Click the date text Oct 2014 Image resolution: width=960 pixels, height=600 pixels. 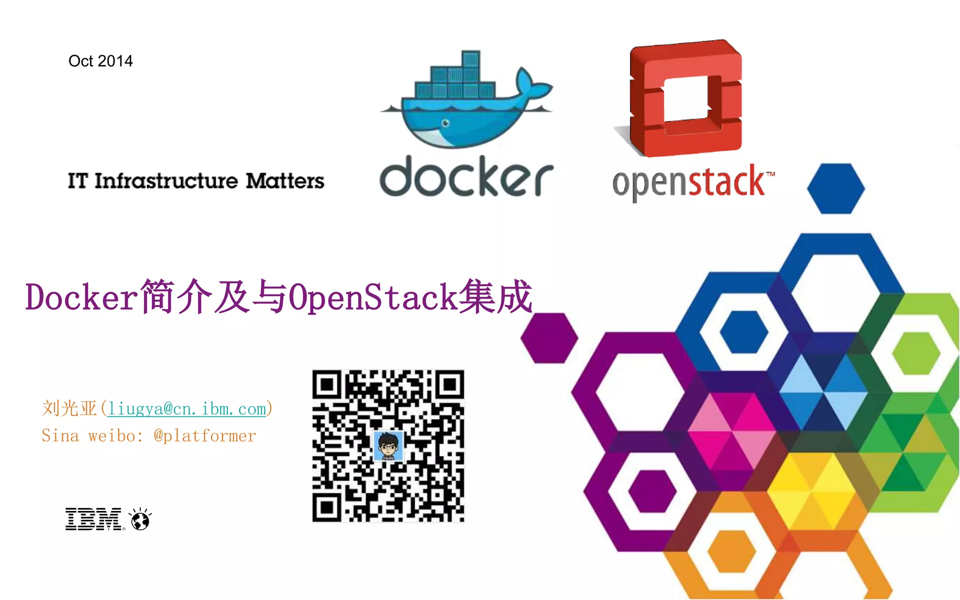(100, 61)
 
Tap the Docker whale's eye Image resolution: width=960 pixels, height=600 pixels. (445, 123)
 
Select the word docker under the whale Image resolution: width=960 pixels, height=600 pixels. (466, 177)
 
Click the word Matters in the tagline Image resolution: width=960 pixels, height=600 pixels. (285, 181)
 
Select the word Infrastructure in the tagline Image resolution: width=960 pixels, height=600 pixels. (166, 181)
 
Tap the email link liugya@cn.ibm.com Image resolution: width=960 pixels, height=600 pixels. (187, 409)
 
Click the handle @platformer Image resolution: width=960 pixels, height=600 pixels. (205, 436)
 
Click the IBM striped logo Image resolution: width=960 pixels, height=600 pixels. (94, 519)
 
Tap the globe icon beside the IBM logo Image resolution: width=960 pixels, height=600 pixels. (140, 519)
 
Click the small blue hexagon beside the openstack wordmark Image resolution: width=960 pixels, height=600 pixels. (836, 188)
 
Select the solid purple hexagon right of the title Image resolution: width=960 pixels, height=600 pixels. (549, 337)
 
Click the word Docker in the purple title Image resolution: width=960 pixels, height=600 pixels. (81, 297)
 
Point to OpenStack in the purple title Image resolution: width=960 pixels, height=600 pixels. (373, 297)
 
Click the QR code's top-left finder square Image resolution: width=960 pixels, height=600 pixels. (328, 385)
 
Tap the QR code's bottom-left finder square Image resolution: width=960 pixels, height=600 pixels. (328, 507)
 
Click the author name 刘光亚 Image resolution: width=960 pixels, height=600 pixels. (69, 409)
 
